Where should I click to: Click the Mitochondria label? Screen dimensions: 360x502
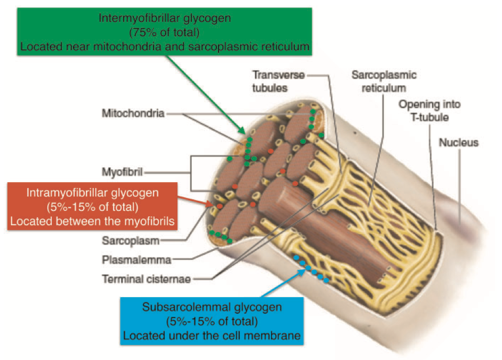tap(133, 113)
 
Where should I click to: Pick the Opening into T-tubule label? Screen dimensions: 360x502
tap(430, 111)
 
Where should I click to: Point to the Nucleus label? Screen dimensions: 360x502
tap(458, 142)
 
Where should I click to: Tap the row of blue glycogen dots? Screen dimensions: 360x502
tap(312, 269)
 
